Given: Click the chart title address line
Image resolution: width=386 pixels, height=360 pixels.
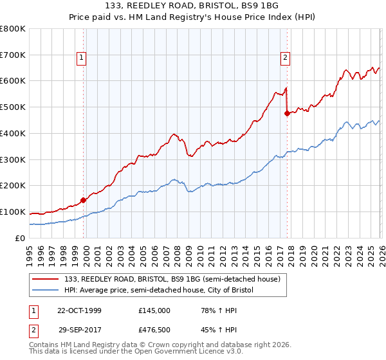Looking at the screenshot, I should point(192,6).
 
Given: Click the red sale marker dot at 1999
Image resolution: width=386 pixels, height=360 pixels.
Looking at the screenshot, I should point(84,200).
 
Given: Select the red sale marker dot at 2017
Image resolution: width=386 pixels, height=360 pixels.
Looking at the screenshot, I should point(287,113).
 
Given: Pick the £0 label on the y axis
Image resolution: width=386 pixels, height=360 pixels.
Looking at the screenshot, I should point(21,238).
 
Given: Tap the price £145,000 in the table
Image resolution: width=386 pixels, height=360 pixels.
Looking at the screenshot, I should point(154,310).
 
